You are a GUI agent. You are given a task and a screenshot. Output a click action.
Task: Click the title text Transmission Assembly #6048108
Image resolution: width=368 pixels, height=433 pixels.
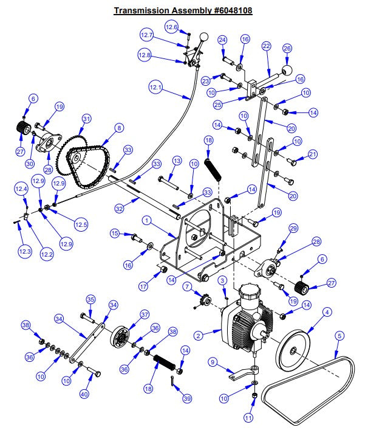[183, 11]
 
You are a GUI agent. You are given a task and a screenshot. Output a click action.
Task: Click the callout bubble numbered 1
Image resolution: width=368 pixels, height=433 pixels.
[146, 219]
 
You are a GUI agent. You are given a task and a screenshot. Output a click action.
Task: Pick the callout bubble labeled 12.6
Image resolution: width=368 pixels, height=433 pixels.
[172, 27]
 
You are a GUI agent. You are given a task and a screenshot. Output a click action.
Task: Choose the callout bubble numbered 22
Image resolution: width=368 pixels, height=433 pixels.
[266, 46]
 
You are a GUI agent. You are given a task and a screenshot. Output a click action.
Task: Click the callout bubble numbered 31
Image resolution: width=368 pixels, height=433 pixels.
[86, 119]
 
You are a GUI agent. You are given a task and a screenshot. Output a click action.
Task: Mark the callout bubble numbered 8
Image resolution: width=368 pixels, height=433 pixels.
[119, 128]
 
